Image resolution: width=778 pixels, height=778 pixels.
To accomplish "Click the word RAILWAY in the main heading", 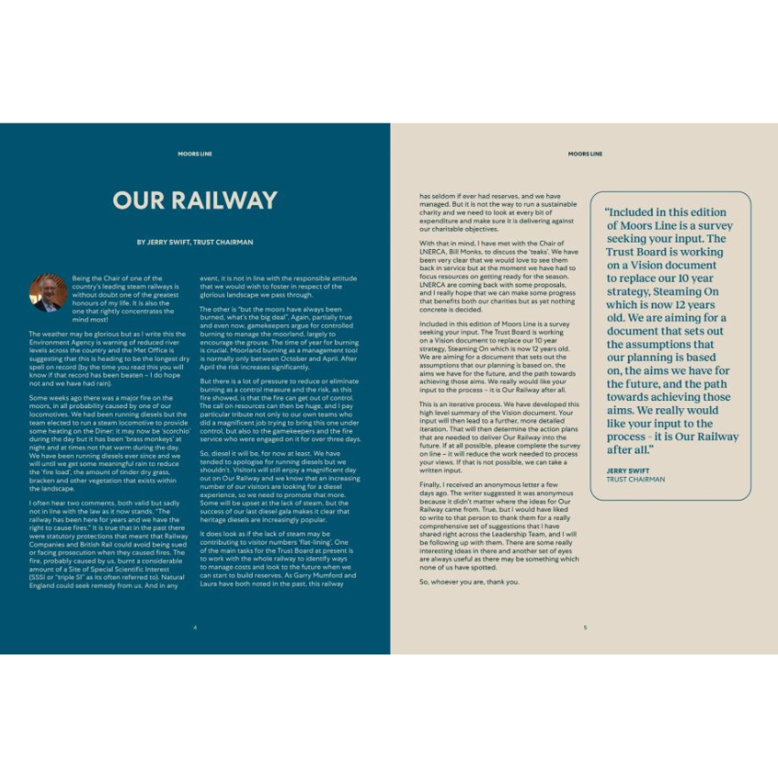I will click(x=222, y=200).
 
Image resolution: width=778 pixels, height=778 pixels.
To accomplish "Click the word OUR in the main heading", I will click(x=138, y=200).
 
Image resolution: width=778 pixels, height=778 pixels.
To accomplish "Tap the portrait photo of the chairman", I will click(x=48, y=292).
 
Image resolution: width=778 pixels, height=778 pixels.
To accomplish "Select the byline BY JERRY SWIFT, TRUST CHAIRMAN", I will click(x=195, y=243).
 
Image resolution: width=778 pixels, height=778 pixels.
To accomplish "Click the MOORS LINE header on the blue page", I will click(x=195, y=154).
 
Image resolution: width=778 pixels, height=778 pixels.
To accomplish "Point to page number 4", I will click(x=195, y=627).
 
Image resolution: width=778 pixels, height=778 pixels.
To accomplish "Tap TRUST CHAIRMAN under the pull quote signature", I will click(x=635, y=479).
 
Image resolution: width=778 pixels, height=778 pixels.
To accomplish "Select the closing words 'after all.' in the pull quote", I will click(x=630, y=449).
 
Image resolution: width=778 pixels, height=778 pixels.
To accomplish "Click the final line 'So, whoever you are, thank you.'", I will click(x=469, y=581).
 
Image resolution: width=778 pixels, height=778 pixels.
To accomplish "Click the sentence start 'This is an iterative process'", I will click(x=462, y=404).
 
